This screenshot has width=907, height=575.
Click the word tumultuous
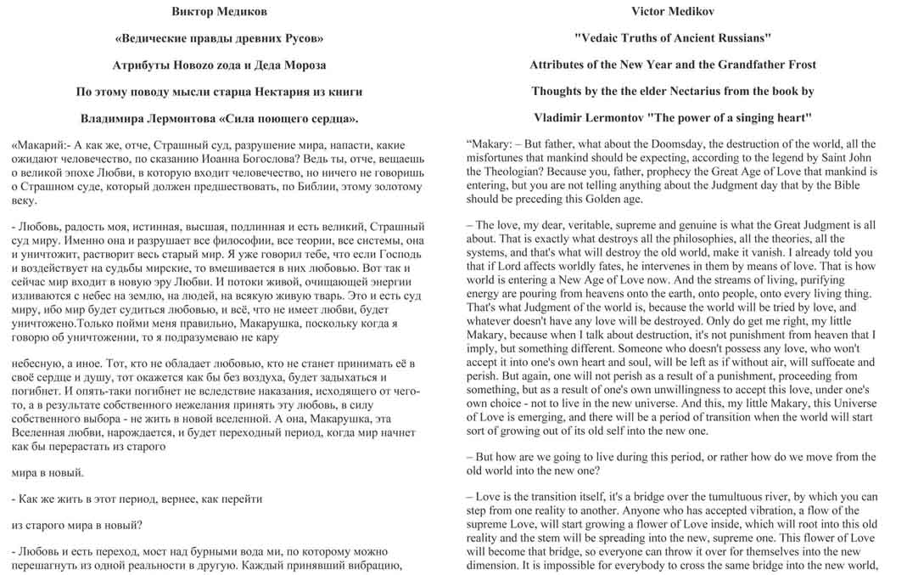point(717,497)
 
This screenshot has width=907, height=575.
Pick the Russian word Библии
point(292,186)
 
